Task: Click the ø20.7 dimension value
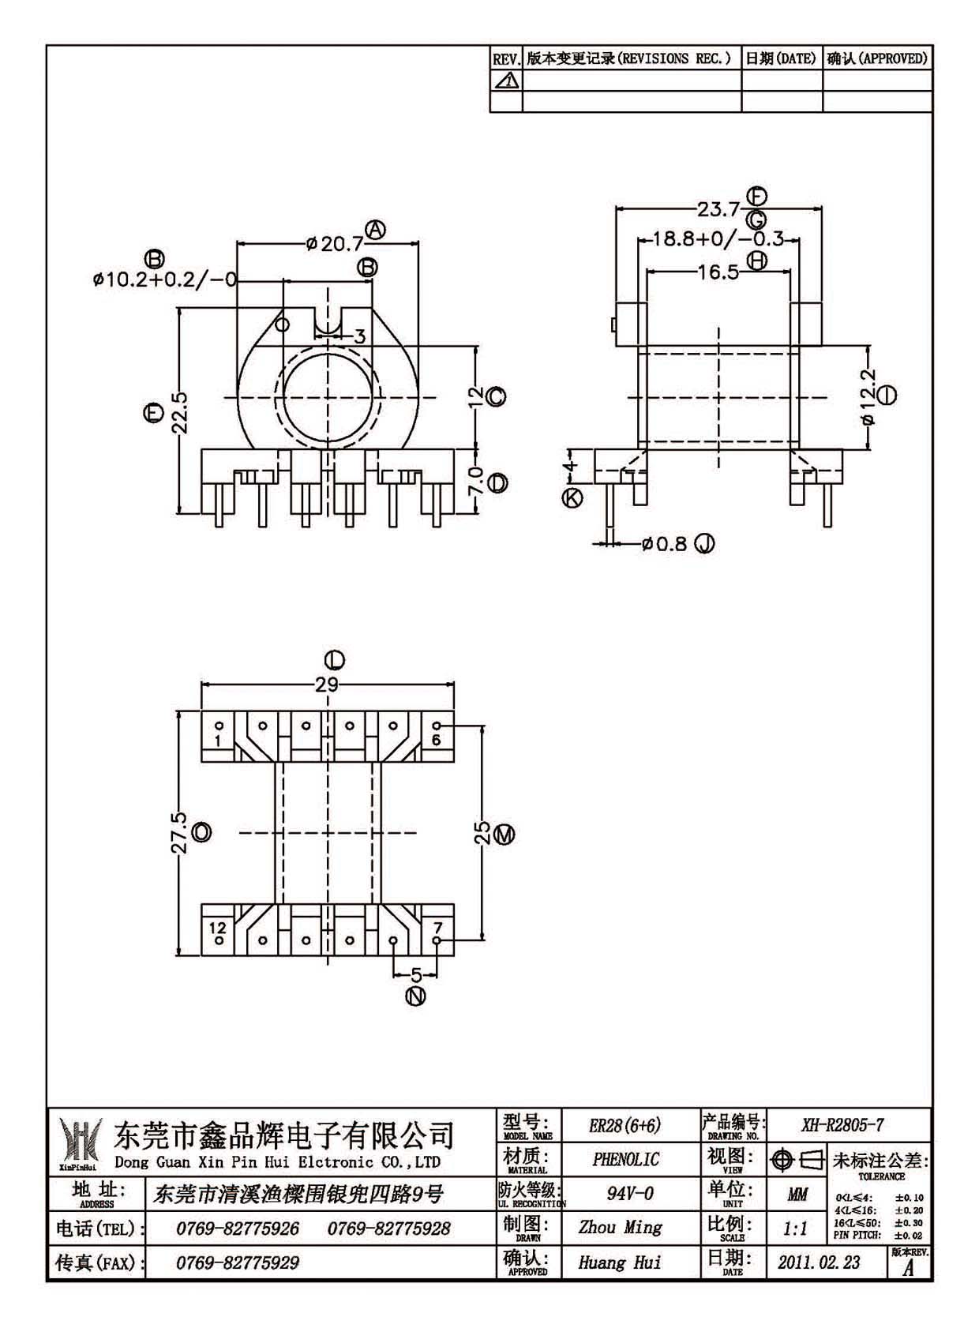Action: click(334, 243)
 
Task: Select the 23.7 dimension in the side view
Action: click(718, 209)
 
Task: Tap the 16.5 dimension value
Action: click(718, 272)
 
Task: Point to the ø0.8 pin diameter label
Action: click(663, 543)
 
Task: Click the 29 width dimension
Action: click(326, 685)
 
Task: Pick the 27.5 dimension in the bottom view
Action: click(180, 832)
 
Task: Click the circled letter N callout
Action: click(416, 996)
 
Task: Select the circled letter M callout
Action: click(505, 835)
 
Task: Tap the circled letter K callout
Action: click(572, 497)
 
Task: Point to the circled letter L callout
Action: click(335, 660)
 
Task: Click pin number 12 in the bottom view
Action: click(218, 928)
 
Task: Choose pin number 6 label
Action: click(436, 740)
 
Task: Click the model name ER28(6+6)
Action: click(625, 1125)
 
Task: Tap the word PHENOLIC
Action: click(625, 1160)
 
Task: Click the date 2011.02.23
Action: click(819, 1262)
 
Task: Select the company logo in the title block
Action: click(80, 1143)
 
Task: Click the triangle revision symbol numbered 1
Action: click(506, 81)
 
